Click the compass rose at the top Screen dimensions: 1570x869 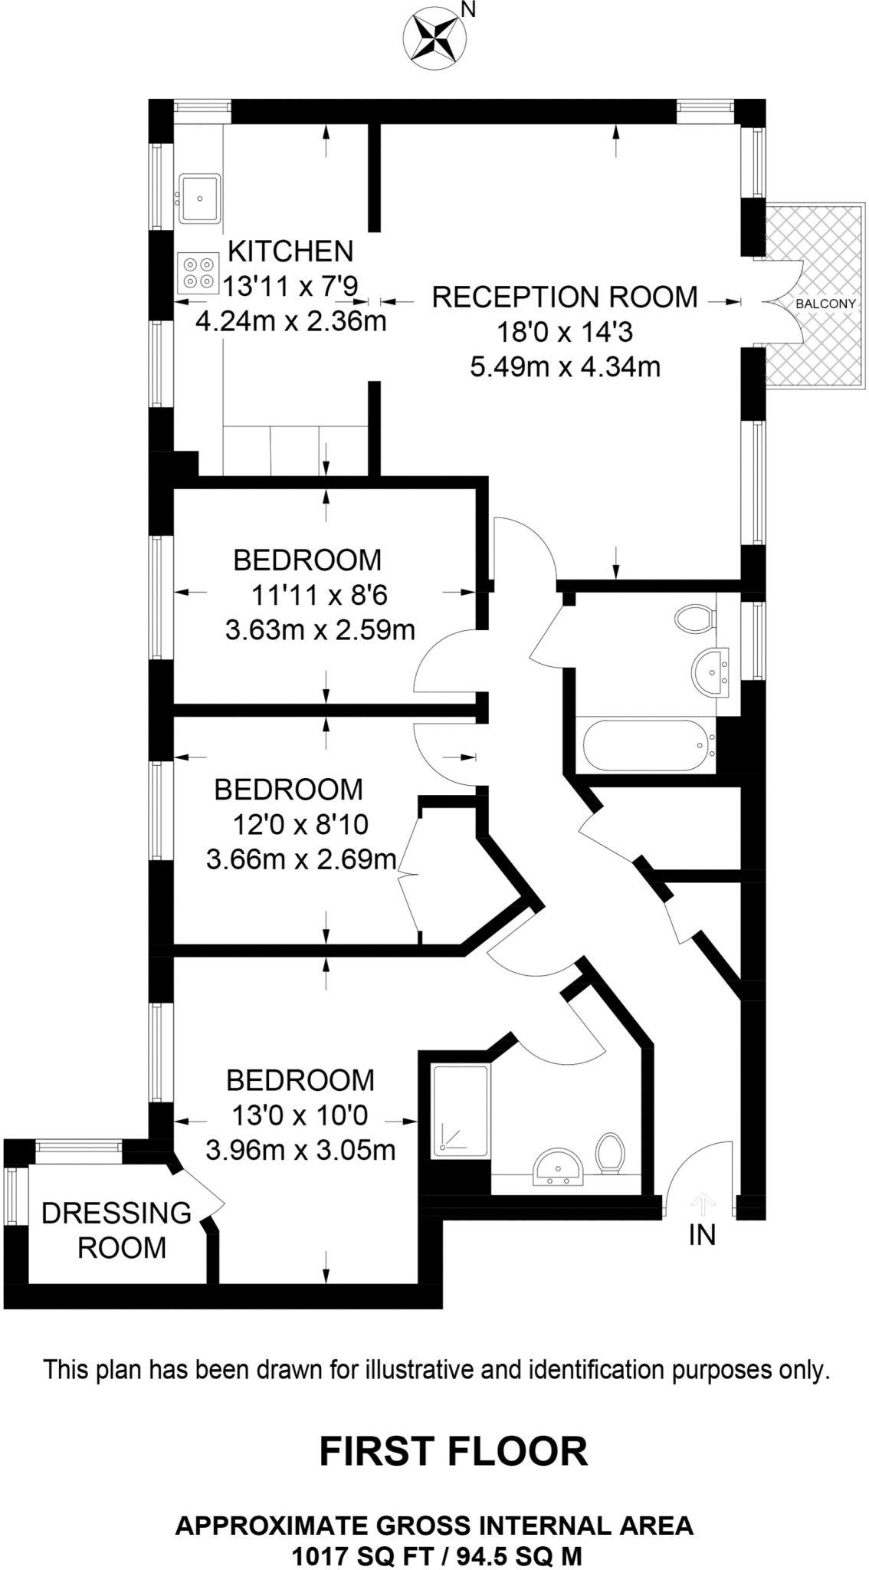[x=434, y=38]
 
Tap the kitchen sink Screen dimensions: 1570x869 [x=200, y=199]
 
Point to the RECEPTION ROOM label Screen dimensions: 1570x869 [x=565, y=297]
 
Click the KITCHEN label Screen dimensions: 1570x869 [x=291, y=251]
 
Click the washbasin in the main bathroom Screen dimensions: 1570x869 [x=711, y=673]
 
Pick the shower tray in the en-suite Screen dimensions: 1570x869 [x=460, y=1111]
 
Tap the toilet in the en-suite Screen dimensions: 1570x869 [x=611, y=1154]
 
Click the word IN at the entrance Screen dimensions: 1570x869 [x=702, y=1235]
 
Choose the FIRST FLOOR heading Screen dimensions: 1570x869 [x=453, y=1451]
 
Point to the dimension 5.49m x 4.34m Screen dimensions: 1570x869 [x=565, y=367]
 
